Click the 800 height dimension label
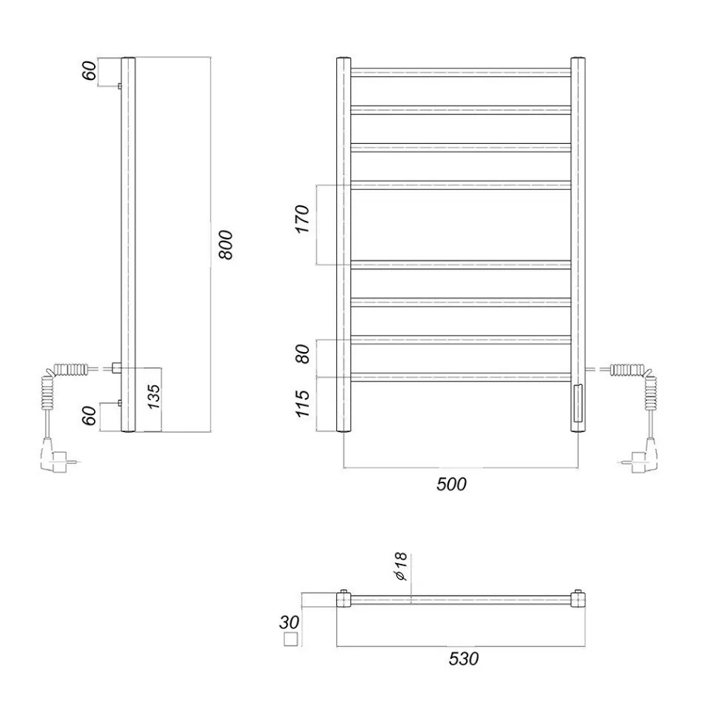(x=227, y=245)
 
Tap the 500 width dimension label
(x=451, y=484)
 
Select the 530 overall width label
(x=463, y=659)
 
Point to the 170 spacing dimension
(x=302, y=219)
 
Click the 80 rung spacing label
(x=303, y=353)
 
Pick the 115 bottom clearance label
(x=302, y=404)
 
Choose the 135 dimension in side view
(x=153, y=396)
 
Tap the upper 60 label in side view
(x=89, y=70)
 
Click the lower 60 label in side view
(x=89, y=416)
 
